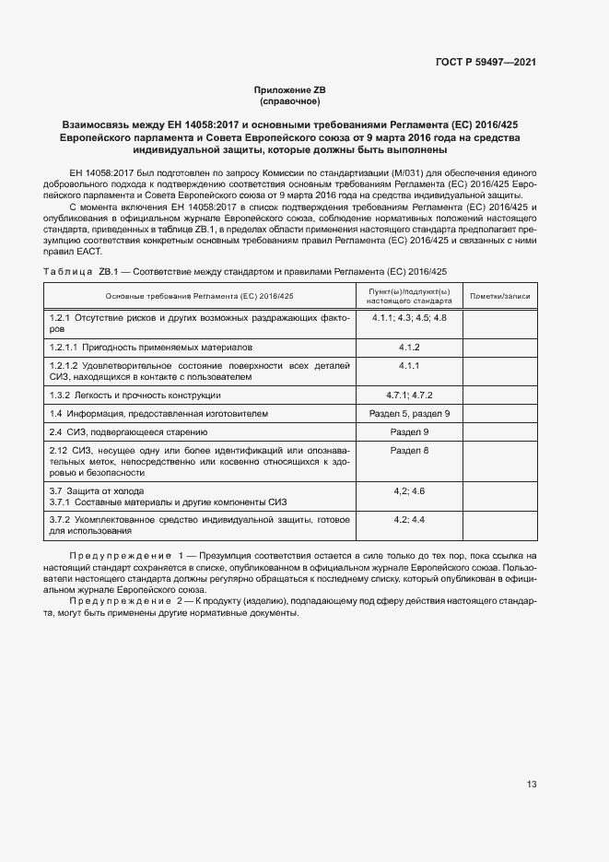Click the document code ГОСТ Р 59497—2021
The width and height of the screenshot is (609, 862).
coord(486,63)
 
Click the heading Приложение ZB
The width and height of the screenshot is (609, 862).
coord(290,89)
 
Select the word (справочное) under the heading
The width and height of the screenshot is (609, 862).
coord(290,101)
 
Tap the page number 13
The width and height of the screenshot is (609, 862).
coord(532,785)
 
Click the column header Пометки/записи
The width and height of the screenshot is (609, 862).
coord(500,296)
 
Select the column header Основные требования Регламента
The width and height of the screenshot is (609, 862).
coord(200,296)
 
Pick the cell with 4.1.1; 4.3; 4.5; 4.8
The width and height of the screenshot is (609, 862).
coord(409,318)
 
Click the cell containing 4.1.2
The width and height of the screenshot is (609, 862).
coord(409,348)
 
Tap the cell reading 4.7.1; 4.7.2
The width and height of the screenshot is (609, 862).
coord(409,395)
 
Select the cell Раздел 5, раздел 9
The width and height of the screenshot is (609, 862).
coord(409,413)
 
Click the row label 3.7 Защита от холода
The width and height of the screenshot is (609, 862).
coord(97,490)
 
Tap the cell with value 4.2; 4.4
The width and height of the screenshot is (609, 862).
coord(409,521)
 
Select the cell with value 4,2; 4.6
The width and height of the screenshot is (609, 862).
coord(409,490)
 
